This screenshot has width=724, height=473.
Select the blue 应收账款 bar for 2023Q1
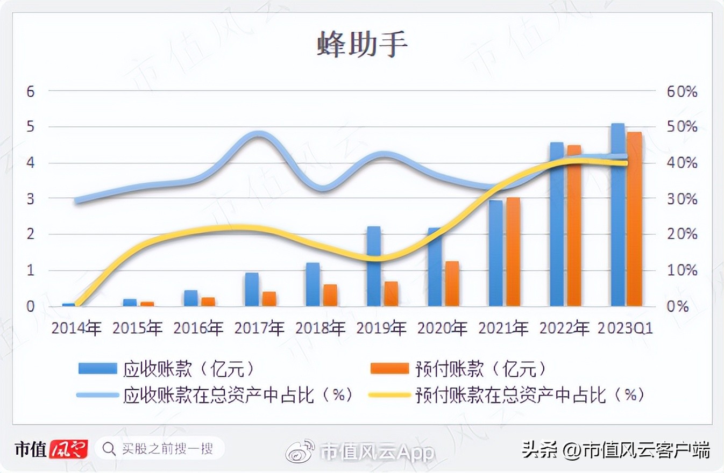pyautogui.click(x=618, y=215)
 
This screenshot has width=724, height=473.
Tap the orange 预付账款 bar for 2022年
pyautogui.click(x=574, y=226)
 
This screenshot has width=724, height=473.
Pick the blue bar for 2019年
pyautogui.click(x=374, y=266)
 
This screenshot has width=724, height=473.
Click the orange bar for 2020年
pyautogui.click(x=452, y=284)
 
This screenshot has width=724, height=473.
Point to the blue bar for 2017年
pyautogui.click(x=252, y=289)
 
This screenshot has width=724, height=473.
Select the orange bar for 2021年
pyautogui.click(x=513, y=252)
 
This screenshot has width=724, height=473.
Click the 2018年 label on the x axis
pyautogui.click(x=321, y=328)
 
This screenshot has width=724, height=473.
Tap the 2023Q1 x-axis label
pyautogui.click(x=626, y=328)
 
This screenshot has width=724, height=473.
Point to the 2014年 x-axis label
pyautogui.click(x=76, y=328)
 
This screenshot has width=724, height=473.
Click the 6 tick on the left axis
pyautogui.click(x=31, y=91)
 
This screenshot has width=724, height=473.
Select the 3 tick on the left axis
pyautogui.click(x=31, y=199)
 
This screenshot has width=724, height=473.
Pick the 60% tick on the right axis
pyautogui.click(x=682, y=91)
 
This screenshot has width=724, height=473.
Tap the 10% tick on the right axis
pyautogui.click(x=682, y=270)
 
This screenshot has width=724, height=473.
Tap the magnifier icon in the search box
pyautogui.click(x=110, y=448)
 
